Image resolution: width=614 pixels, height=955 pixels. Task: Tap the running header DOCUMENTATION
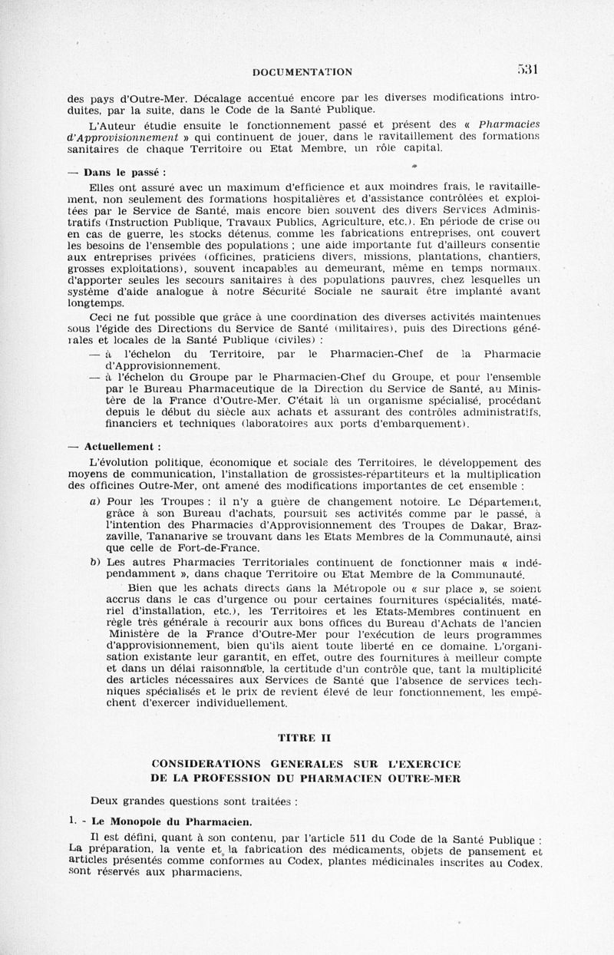tap(302, 72)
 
